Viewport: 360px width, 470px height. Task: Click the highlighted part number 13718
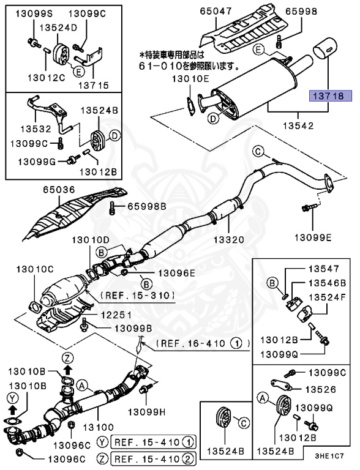[x=329, y=95]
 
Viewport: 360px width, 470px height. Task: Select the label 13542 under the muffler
[x=298, y=126]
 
